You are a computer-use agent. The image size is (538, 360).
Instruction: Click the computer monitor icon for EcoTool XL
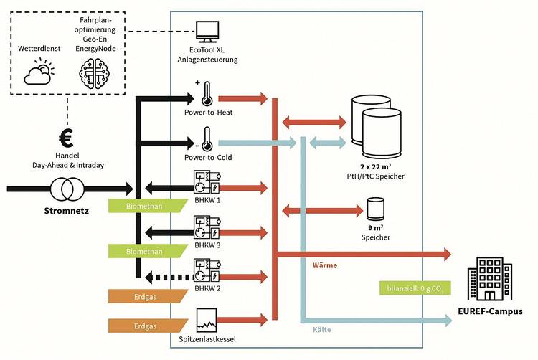point(207,32)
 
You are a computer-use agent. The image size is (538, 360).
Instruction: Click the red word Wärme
point(325,265)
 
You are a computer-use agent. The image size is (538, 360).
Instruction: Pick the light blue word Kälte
point(321,330)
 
